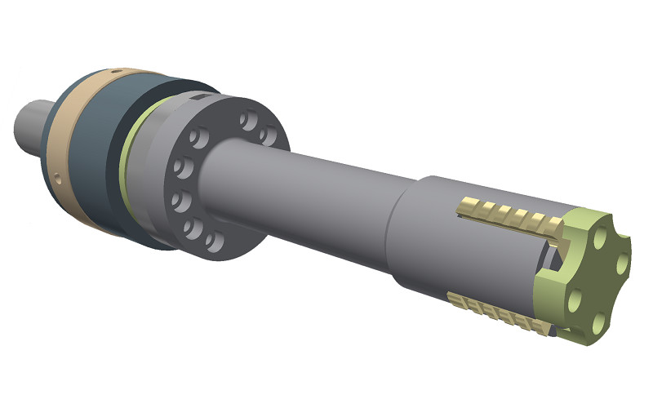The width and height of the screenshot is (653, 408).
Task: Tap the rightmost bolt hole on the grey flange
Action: (267, 135)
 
